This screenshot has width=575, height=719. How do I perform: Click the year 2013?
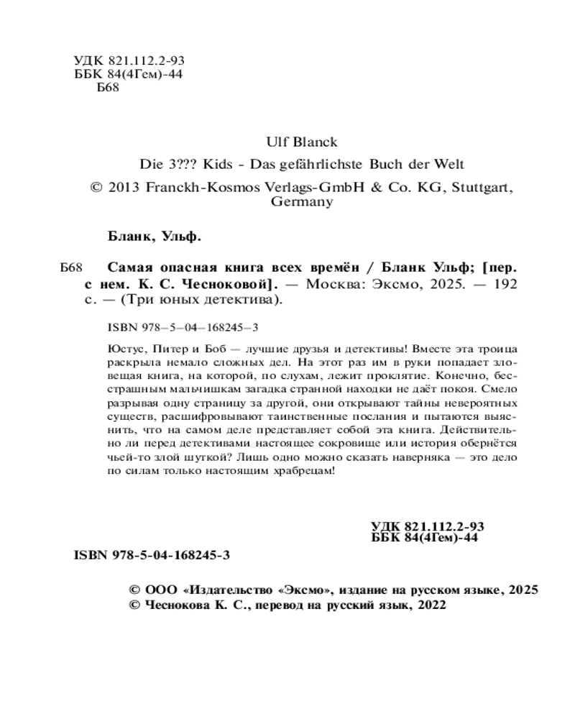125,187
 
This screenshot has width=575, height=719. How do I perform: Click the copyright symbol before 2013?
97,187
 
